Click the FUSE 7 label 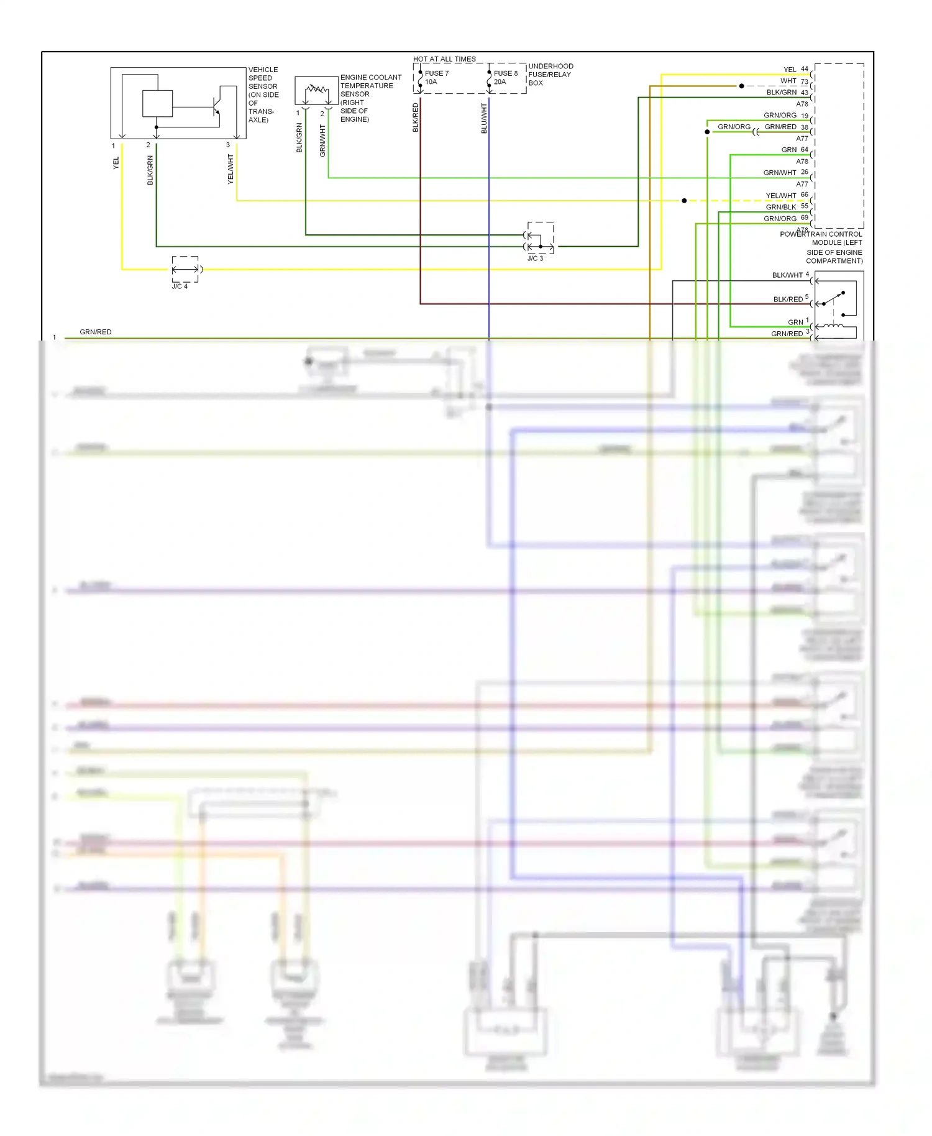pos(436,73)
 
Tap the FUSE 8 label pos(505,73)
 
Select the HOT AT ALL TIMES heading pos(444,59)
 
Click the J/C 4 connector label pos(180,286)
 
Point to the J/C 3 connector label pos(535,259)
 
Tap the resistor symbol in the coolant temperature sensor pos(317,90)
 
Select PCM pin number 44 pos(805,69)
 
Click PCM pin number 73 pos(805,81)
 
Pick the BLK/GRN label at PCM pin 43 pos(781,93)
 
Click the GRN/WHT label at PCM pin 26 pos(780,173)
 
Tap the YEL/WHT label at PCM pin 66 pos(781,196)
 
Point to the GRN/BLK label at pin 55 pos(781,207)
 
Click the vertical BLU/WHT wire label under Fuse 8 pos(484,118)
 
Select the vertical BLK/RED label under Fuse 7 pos(416,117)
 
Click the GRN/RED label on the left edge pos(96,332)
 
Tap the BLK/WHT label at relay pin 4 pos(787,275)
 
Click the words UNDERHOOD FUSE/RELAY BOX pos(551,75)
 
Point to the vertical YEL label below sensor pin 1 pos(116,163)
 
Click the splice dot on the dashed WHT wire pos(741,86)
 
